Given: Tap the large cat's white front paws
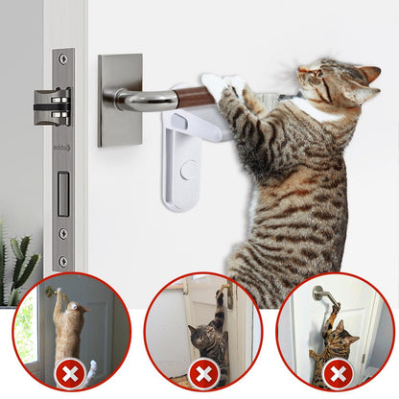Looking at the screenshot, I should (x=219, y=88).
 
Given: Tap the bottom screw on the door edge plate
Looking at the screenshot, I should (x=63, y=260).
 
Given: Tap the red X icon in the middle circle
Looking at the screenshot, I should (x=203, y=372).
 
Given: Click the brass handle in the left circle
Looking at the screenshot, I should (x=52, y=292).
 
